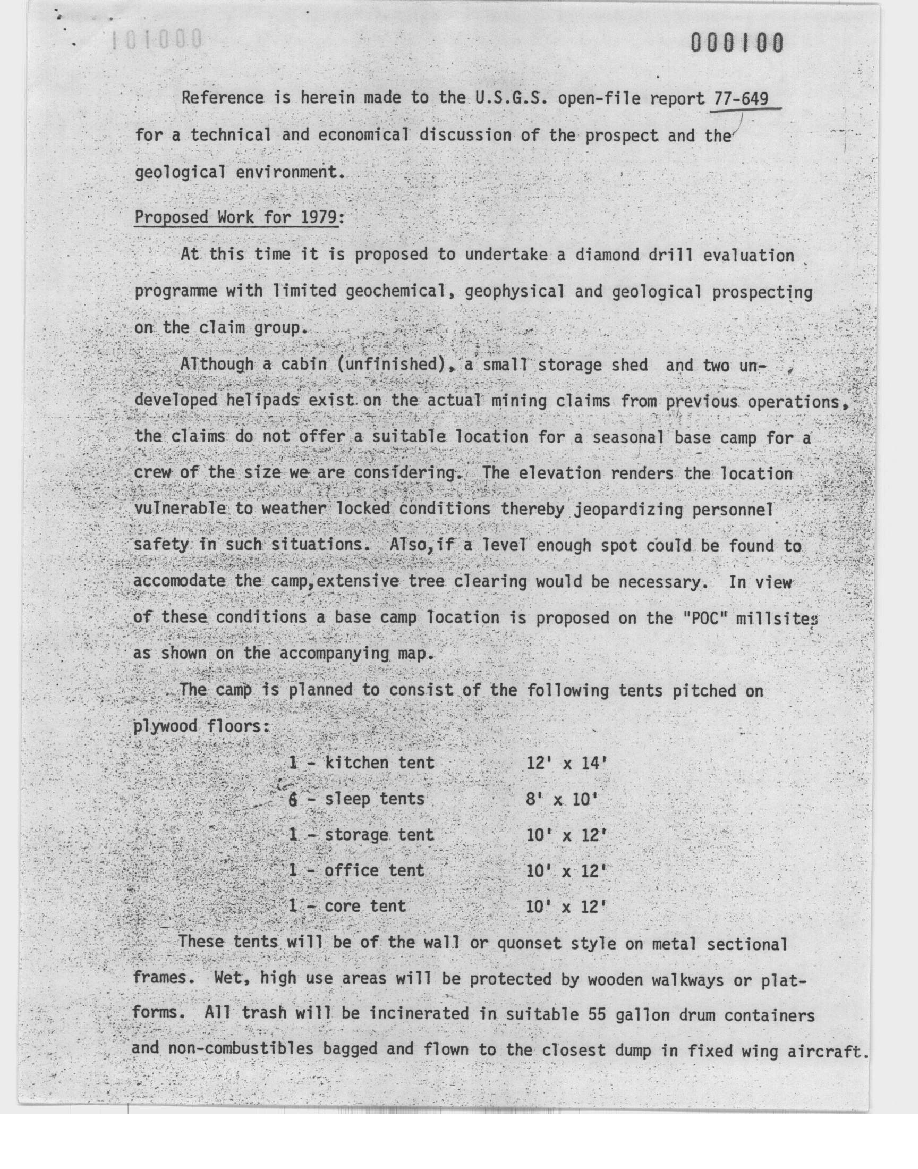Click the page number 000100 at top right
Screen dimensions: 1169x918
click(x=737, y=43)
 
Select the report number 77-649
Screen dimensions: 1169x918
click(x=741, y=98)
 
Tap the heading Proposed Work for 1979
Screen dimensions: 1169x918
click(x=236, y=218)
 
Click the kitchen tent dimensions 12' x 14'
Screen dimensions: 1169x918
click(x=566, y=763)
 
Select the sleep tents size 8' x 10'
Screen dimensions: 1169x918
click(x=562, y=799)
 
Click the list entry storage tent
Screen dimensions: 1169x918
click(x=379, y=835)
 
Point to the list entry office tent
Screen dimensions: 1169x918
click(x=374, y=871)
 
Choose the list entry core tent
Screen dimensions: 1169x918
click(x=365, y=906)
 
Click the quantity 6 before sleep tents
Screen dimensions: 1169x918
click(x=293, y=799)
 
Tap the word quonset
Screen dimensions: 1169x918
click(x=530, y=943)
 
